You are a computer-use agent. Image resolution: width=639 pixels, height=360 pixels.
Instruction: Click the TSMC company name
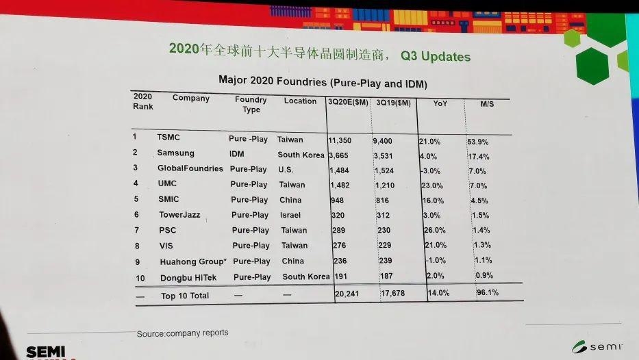pos(168,138)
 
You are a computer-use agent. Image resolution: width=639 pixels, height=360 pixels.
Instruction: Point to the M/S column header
pos(486,104)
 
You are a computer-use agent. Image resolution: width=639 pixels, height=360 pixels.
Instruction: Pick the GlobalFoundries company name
pos(190,168)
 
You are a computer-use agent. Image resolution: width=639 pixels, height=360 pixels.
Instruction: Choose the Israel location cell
pos(290,215)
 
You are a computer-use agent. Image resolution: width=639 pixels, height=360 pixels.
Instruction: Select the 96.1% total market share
pos(487,293)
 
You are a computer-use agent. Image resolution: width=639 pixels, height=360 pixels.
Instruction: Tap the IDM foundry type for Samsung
pos(236,153)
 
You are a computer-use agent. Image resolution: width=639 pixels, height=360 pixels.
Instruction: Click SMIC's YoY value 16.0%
pos(433,201)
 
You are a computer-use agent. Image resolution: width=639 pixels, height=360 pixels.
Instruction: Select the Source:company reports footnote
pos(182,333)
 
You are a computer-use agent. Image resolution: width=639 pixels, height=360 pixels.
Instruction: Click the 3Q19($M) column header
pos(393,103)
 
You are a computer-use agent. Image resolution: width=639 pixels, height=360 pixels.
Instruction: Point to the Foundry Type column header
pos(251,104)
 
